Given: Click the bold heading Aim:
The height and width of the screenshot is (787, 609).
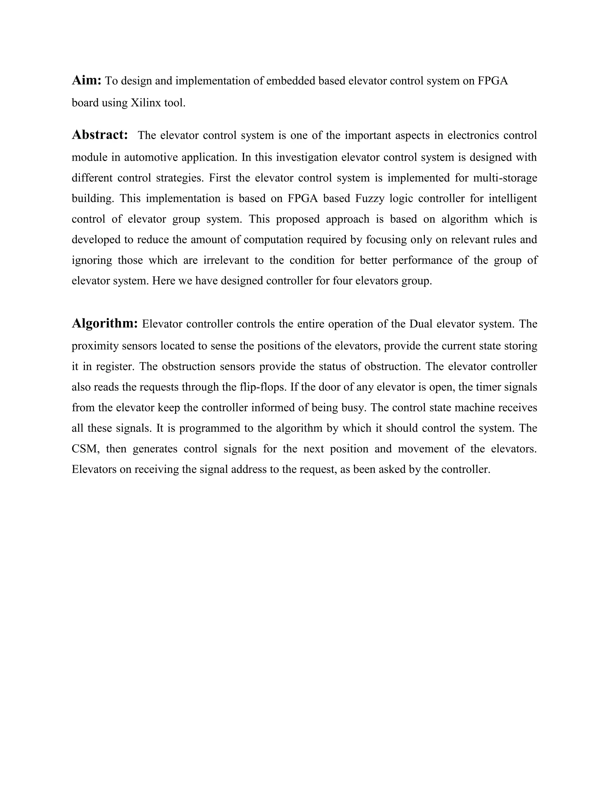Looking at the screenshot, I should click(86, 80).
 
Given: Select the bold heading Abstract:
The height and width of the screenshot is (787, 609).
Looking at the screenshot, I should click(100, 135).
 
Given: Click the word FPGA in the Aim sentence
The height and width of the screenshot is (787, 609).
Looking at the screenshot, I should click(492, 81).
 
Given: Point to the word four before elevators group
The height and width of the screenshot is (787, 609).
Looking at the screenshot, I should click(342, 281).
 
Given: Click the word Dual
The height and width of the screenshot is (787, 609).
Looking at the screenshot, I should click(421, 324).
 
